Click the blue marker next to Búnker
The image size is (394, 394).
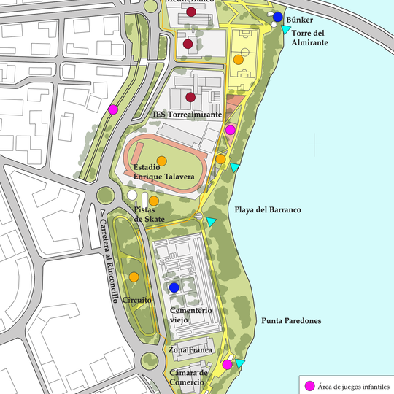click(278, 17)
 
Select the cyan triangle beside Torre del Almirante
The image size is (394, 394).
click(287, 30)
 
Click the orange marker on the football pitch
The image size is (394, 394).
click(238, 59)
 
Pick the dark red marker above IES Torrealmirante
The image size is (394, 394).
click(190, 97)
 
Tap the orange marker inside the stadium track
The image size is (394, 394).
click(161, 161)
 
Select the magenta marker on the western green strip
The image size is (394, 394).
click(113, 109)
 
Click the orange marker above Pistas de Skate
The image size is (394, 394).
click(154, 201)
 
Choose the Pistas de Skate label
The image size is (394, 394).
click(149, 215)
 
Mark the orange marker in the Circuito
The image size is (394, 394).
click(134, 277)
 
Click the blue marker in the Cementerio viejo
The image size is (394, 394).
click(174, 287)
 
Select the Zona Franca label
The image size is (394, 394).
click(190, 350)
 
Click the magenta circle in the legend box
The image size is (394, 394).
click(309, 385)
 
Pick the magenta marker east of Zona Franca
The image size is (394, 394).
click(227, 364)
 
